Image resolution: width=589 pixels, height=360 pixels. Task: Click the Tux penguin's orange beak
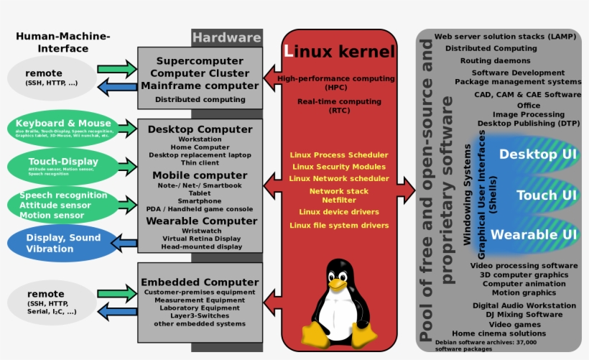[337, 284]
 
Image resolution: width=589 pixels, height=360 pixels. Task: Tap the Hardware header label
[226, 37]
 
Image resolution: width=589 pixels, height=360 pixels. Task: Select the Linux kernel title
[339, 51]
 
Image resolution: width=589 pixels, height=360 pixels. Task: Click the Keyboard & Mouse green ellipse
[63, 127]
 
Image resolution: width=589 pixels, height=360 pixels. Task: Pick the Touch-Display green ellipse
[62, 165]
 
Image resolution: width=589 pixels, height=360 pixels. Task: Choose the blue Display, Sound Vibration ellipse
[62, 244]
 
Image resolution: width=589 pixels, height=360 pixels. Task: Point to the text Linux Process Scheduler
[339, 154]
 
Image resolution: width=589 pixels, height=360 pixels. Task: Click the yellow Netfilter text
[339, 200]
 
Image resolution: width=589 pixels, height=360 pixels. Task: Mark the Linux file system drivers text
[339, 225]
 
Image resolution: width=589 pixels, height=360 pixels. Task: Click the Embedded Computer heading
[200, 282]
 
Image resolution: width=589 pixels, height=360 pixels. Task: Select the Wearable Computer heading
[201, 221]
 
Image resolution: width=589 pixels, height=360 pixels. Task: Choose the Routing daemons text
[495, 61]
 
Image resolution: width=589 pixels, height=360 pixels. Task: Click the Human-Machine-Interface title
[63, 42]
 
